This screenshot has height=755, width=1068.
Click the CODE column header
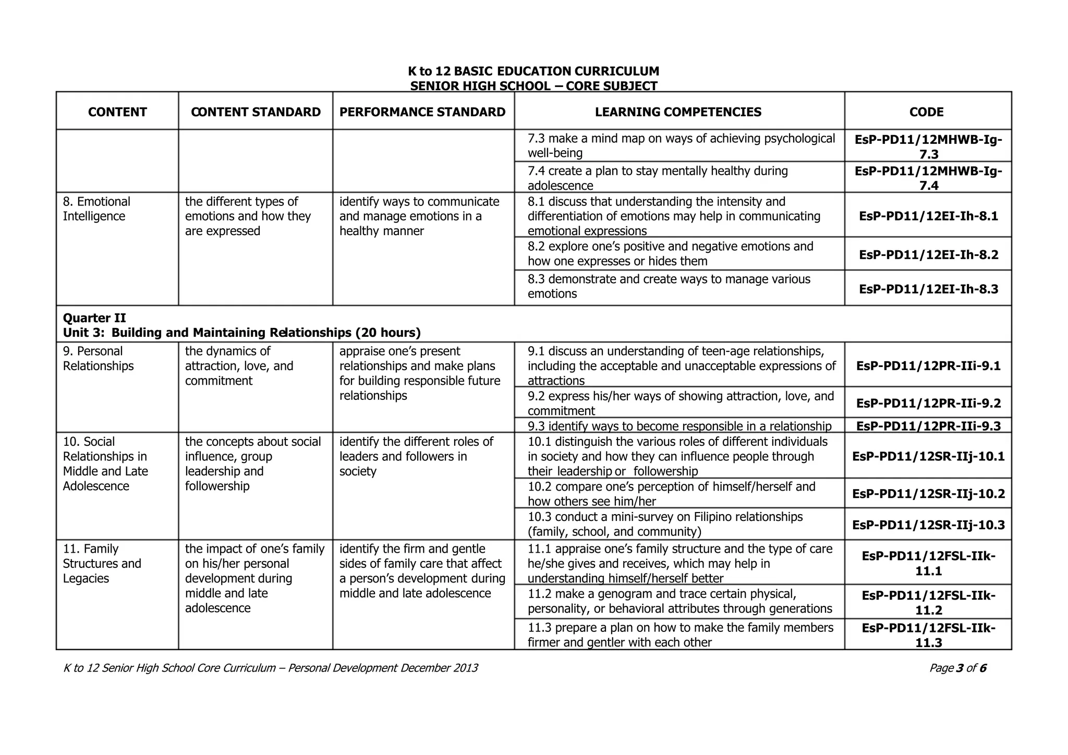[926, 112]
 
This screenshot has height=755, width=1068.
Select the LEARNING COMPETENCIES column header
[678, 112]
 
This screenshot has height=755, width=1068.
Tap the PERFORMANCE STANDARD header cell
[422, 112]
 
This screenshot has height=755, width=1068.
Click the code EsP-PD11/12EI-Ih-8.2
[928, 255]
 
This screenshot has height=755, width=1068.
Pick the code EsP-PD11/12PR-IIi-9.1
[928, 366]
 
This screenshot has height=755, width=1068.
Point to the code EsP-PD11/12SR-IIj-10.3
[928, 525]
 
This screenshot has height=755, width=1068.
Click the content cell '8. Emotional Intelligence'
[96, 209]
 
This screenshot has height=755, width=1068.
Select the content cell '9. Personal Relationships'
[98, 359]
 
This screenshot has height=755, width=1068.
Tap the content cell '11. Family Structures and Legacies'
[102, 564]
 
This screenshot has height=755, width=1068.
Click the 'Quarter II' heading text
[94, 318]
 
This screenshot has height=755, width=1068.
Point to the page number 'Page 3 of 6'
[957, 668]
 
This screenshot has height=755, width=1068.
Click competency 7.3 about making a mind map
[681, 145]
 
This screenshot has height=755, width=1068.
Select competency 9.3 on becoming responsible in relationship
[679, 426]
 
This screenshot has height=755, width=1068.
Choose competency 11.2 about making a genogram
[679, 601]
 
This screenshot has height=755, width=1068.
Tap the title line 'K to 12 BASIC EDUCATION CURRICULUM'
[533, 71]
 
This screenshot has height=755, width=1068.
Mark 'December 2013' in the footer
[439, 668]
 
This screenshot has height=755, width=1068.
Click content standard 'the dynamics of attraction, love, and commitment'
[239, 366]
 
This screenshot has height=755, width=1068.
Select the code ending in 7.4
[928, 178]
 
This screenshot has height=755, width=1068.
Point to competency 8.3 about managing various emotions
[669, 286]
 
